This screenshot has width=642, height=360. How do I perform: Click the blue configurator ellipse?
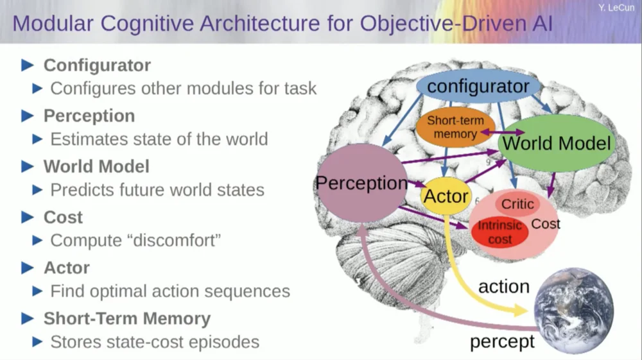click(478, 86)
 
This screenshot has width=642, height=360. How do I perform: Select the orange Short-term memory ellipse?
click(455, 127)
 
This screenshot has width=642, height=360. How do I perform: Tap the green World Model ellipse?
click(556, 142)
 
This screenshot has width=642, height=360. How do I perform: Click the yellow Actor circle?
click(446, 196)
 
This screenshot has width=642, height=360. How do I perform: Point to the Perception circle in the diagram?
click(361, 184)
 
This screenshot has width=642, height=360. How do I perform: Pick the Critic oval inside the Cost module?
click(517, 204)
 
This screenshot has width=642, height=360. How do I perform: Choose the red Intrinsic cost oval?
click(499, 232)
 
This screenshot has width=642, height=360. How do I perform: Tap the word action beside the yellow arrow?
click(504, 286)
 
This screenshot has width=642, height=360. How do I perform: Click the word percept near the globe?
click(502, 341)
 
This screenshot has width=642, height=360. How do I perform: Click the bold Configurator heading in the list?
click(97, 65)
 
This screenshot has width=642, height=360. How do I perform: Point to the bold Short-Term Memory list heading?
click(126, 319)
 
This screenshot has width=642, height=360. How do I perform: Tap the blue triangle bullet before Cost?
click(27, 217)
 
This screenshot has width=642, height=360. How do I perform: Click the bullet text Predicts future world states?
click(157, 190)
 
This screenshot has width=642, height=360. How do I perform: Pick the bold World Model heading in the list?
click(96, 167)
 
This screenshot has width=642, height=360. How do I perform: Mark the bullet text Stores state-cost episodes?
click(155, 342)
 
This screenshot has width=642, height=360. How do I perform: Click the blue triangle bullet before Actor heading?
click(27, 268)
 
